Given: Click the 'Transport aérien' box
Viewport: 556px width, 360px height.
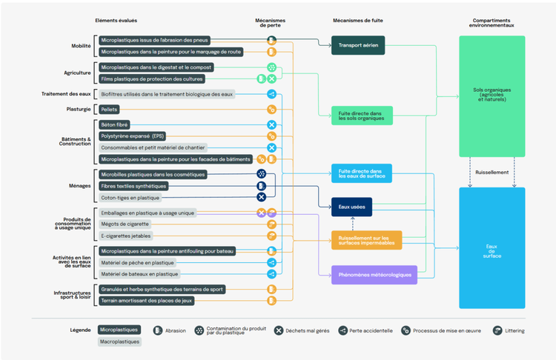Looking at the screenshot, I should (x=358, y=45).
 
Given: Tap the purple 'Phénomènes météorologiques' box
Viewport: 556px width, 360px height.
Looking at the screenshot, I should (x=374, y=275).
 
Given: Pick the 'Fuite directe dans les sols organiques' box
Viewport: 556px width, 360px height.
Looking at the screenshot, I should (x=361, y=116).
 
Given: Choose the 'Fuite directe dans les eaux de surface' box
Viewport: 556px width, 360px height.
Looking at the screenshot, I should (x=361, y=173).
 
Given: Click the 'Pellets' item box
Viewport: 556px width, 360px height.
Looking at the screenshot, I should (x=109, y=109).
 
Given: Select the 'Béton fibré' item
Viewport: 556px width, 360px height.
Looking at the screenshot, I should (x=115, y=124).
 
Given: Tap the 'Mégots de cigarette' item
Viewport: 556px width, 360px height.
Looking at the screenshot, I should (x=125, y=224).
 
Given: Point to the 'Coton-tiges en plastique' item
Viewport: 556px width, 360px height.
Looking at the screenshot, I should (x=129, y=198).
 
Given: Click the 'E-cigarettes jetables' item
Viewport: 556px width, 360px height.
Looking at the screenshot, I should (x=126, y=236).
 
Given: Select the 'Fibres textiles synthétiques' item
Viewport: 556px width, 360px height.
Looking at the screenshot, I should (x=133, y=186).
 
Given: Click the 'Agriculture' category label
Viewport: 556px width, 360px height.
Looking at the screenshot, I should (x=77, y=73).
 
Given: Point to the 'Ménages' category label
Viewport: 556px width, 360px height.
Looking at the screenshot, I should (x=80, y=186).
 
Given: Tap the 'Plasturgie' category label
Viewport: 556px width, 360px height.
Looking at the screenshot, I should (x=79, y=109).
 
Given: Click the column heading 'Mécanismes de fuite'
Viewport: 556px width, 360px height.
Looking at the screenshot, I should (x=358, y=21).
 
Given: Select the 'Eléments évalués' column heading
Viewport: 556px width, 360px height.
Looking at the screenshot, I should (x=116, y=20).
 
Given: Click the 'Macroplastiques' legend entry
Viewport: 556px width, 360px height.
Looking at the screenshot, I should (x=119, y=341).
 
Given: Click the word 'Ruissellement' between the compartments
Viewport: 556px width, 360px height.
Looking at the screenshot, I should (x=492, y=173).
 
